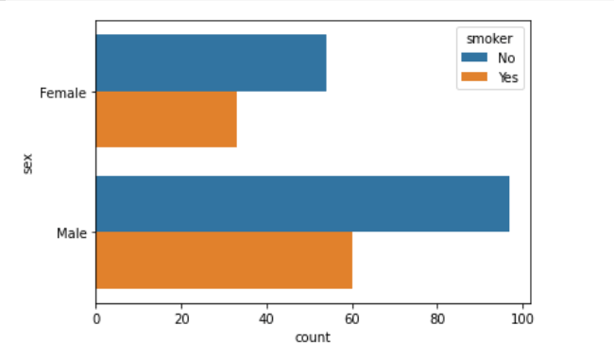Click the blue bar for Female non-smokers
click(x=211, y=63)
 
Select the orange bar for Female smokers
click(x=166, y=119)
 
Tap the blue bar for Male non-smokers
click(x=302, y=204)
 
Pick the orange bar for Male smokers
click(x=224, y=260)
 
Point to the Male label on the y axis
click(x=72, y=232)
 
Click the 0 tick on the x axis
click(x=96, y=319)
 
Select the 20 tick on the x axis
click(x=181, y=319)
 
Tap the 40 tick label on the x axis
click(x=266, y=319)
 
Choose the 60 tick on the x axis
click(x=352, y=319)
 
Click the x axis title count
click(x=313, y=337)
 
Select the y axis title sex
click(x=27, y=163)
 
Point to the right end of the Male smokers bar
click(x=351, y=260)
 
